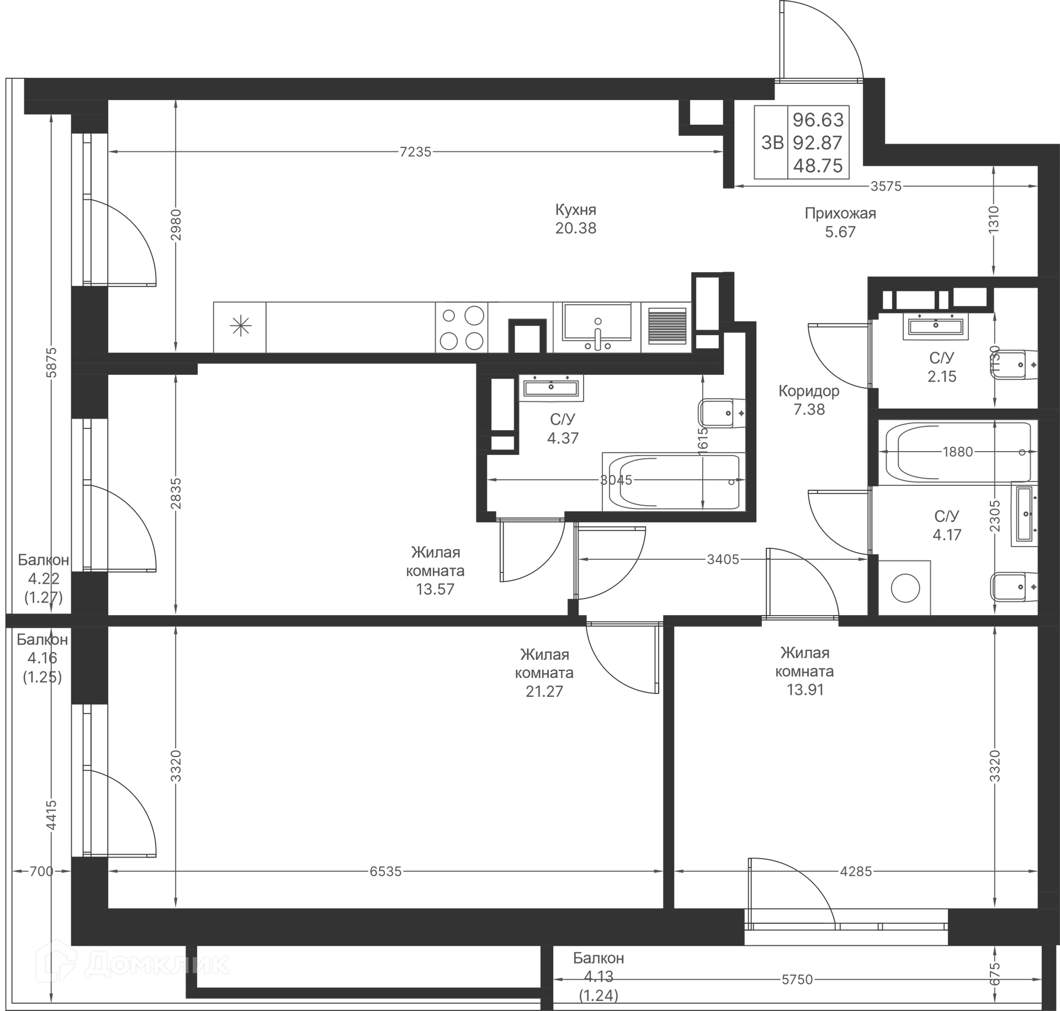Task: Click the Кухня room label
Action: [x=576, y=210]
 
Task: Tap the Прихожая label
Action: [x=840, y=213]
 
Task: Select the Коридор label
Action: [x=809, y=391]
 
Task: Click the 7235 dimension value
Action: [x=415, y=152]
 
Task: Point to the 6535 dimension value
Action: [x=386, y=871]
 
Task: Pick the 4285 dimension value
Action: [x=856, y=871]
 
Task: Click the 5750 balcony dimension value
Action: [x=797, y=979]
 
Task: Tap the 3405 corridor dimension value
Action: [x=723, y=559]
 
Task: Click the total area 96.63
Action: [x=818, y=119]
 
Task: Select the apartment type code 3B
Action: [x=772, y=142]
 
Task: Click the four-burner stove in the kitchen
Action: [x=462, y=327]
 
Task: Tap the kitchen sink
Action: [x=597, y=327]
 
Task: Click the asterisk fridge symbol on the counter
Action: [x=241, y=327]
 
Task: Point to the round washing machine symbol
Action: [x=905, y=588]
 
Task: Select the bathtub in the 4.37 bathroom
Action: [x=674, y=481]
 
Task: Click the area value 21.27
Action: [x=544, y=691]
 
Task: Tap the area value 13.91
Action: [x=805, y=690]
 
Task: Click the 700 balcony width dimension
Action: [x=41, y=871]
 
